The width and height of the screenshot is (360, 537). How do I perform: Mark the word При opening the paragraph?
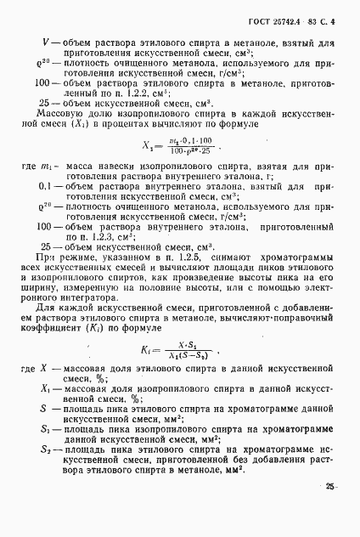[53, 278]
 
